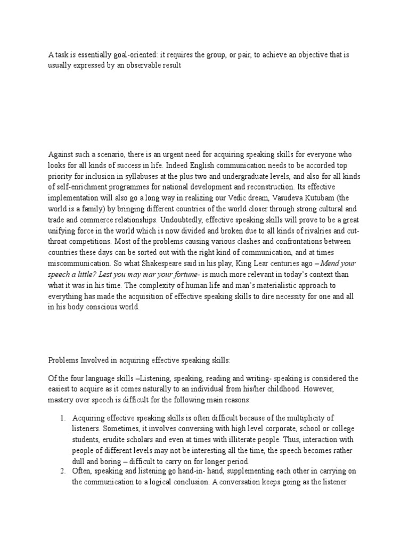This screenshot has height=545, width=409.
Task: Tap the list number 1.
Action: (62, 419)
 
